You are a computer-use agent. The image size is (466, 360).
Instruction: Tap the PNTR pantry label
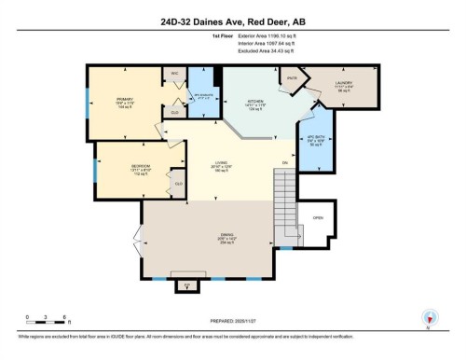point(292,78)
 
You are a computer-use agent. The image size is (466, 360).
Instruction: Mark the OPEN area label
point(318,218)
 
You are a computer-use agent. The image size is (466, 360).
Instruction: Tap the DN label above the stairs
point(284,164)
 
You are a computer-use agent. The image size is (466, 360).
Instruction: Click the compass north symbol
point(429,317)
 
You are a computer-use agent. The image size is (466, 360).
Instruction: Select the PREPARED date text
point(232,320)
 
